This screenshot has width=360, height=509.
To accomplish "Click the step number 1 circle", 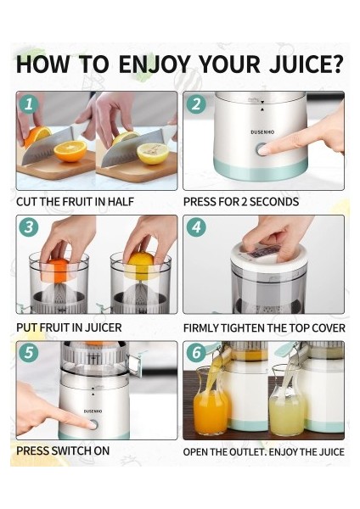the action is [29, 104].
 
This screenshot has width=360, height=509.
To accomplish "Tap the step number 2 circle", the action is [196, 104].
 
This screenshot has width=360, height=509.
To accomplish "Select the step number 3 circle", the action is [29, 227].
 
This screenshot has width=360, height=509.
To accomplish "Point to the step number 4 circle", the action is [196, 227].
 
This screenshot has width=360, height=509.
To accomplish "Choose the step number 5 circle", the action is [29, 353].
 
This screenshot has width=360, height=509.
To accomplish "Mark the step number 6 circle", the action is [196, 353].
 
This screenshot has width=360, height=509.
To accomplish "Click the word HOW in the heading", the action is [42, 64].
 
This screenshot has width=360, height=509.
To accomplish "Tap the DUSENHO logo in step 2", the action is [262, 132].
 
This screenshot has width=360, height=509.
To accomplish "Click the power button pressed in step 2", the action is [262, 149].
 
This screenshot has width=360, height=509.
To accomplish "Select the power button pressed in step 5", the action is [93, 424].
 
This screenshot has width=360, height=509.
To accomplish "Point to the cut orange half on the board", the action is [70, 151].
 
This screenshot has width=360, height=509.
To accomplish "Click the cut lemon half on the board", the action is [153, 154].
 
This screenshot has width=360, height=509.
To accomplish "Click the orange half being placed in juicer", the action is [57, 270].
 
